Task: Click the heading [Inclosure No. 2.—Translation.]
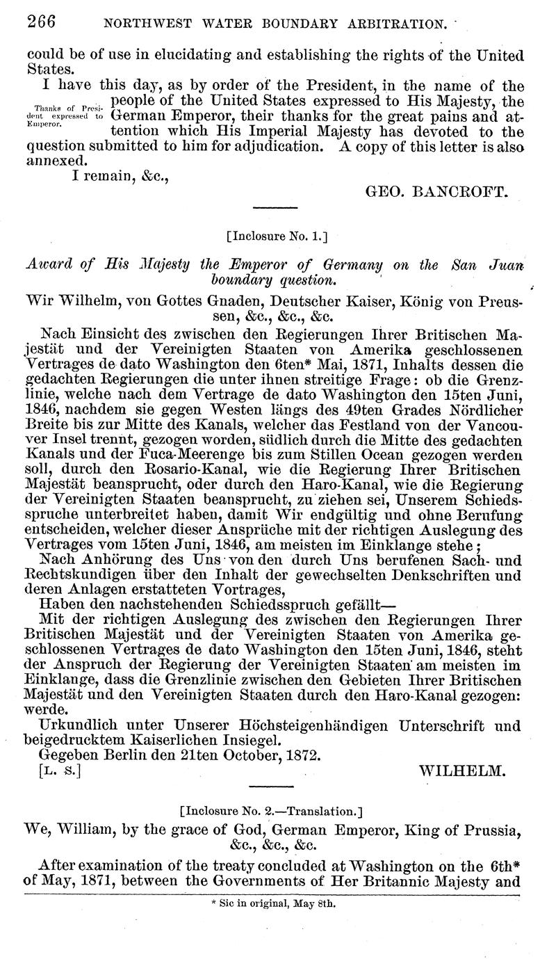(271, 811)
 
